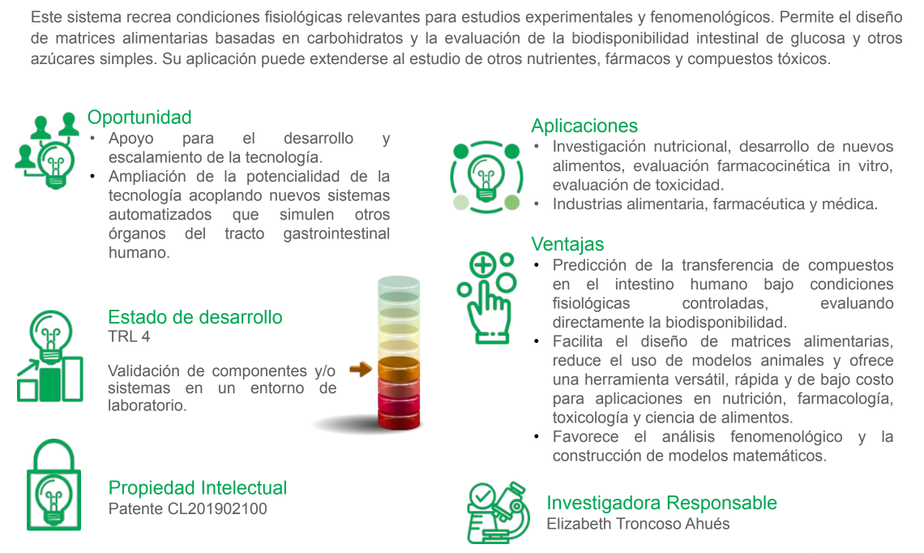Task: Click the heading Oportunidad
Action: (139, 118)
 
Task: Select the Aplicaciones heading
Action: (584, 126)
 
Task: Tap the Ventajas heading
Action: (567, 244)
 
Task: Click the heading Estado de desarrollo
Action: (195, 317)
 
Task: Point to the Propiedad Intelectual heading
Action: (198, 487)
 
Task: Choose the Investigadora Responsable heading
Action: (661, 502)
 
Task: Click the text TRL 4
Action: (129, 337)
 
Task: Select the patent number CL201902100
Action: (217, 508)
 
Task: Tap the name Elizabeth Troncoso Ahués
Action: (638, 524)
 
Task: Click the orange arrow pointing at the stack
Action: (360, 370)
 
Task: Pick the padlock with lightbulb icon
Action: (53, 485)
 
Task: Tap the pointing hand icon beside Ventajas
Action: (487, 298)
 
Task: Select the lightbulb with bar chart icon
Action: (50, 356)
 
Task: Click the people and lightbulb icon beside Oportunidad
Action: (48, 150)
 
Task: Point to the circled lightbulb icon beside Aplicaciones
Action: (487, 176)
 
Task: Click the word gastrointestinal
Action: (336, 234)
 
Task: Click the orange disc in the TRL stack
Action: (399, 368)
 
